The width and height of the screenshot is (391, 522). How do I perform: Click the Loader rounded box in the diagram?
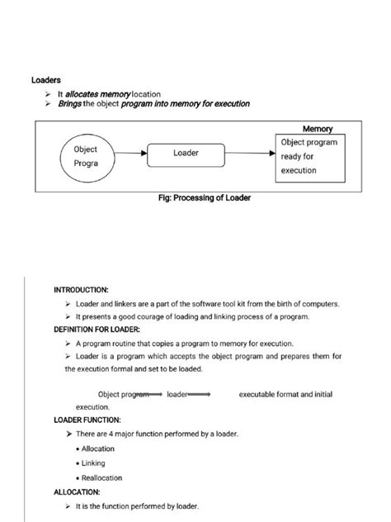coord(186,153)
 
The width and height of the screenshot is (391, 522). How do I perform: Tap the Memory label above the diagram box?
coord(317,130)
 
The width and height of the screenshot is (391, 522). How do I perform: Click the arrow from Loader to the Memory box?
coord(248,154)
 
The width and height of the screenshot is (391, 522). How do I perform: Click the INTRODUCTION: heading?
coord(81,291)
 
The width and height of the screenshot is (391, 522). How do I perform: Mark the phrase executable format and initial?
coord(285,395)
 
